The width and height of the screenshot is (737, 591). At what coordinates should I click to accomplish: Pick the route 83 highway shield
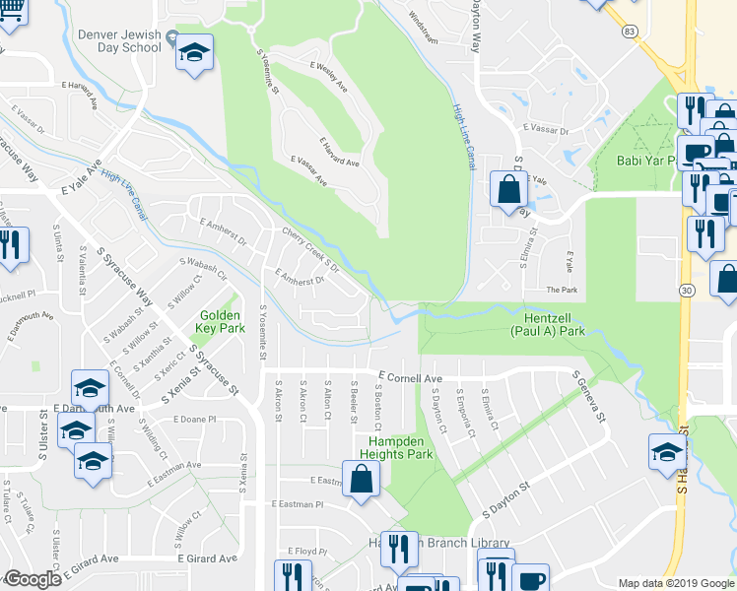click(x=628, y=33)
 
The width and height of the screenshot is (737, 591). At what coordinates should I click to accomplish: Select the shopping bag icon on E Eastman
click(x=362, y=480)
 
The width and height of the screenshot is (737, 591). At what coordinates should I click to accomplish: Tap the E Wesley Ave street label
click(x=328, y=76)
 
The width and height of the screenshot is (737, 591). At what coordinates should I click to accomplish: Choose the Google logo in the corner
click(x=33, y=579)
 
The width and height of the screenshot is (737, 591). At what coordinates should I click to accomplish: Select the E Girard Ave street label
click(x=208, y=558)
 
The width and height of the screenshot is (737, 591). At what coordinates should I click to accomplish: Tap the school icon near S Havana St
click(x=667, y=452)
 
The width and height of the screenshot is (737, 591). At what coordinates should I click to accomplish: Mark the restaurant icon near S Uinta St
click(x=10, y=246)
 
